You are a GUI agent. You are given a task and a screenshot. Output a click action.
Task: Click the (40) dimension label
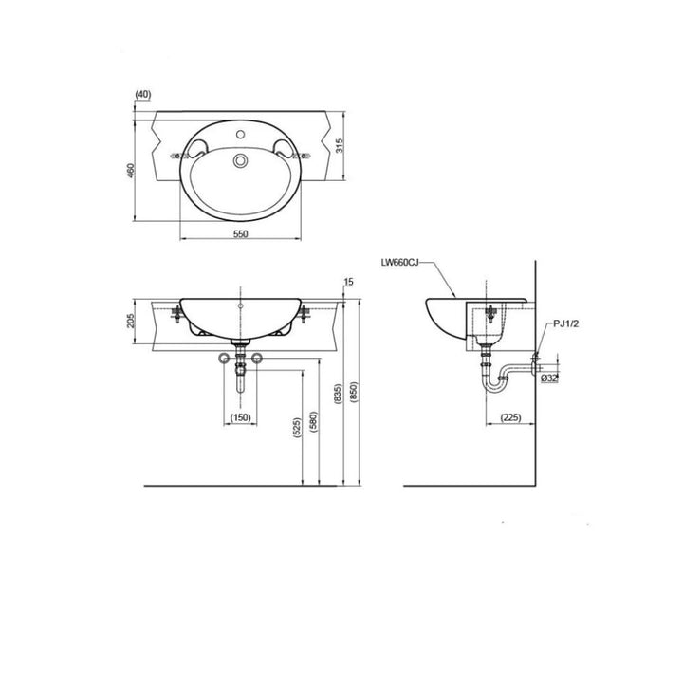tap(144, 94)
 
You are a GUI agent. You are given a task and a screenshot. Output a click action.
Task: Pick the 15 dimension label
tap(350, 282)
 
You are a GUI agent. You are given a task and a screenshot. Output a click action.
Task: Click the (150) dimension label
tap(239, 417)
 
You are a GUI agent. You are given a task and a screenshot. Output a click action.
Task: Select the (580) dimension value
tap(312, 417)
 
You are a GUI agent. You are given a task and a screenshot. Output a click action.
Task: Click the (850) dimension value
tap(355, 391)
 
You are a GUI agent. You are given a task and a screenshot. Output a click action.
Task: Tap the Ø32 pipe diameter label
tap(549, 378)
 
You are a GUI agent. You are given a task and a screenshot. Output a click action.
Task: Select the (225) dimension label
tap(508, 417)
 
